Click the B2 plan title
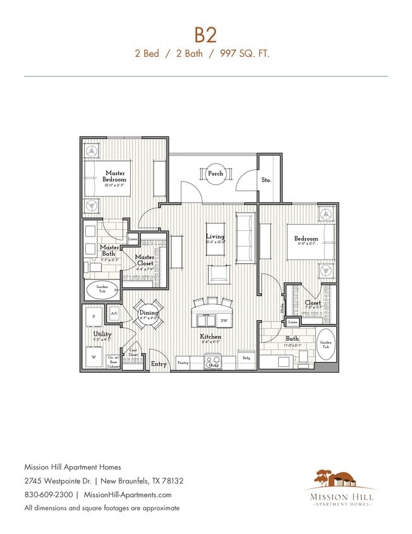206,34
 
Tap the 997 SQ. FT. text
245,54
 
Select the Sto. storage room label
266,180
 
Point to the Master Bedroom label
115,176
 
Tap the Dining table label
148,313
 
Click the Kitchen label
210,337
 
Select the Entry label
159,364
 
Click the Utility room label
102,335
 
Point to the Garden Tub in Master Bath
102,289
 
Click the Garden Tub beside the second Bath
325,345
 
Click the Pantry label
183,363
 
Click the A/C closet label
114,314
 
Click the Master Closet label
145,261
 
